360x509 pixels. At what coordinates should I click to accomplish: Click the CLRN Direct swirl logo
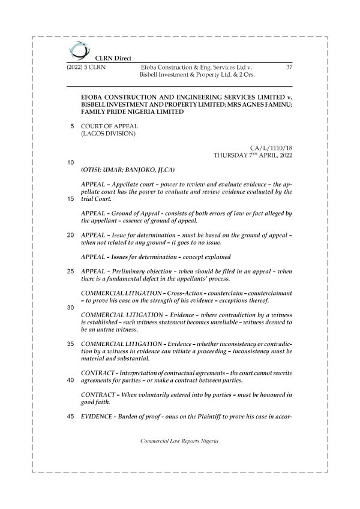click(78, 50)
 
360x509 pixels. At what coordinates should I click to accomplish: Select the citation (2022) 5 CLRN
click(86, 68)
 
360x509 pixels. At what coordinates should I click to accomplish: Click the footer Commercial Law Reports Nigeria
click(179, 441)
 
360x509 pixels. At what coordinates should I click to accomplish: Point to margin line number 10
click(71, 162)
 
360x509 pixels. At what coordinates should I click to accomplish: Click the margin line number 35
click(71, 344)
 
